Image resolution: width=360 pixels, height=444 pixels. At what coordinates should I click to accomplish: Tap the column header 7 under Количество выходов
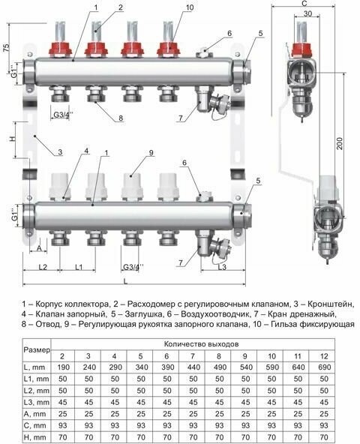click(193, 355)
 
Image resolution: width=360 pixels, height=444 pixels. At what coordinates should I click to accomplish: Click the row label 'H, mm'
click(36, 436)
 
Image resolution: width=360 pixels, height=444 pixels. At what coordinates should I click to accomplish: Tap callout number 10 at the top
click(188, 7)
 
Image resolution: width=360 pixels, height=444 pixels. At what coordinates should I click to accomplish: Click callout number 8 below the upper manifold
click(119, 118)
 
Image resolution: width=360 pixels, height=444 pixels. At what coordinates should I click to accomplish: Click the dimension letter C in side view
click(303, 4)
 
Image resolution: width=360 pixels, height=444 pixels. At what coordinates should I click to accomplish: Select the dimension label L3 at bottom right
click(220, 267)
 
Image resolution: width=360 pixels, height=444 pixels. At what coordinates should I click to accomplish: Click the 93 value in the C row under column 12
click(323, 422)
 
